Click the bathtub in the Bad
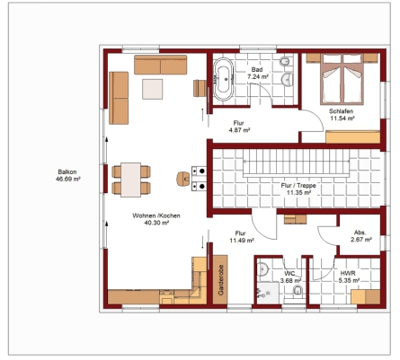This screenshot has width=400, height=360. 223,79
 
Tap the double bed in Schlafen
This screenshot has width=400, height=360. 342,79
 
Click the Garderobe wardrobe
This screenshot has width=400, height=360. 220,280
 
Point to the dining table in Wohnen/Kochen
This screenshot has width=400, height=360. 131,180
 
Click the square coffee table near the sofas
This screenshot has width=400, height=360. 153,89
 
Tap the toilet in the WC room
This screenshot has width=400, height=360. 298,290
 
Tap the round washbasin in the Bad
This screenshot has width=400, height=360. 288,79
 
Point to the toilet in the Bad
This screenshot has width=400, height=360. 285,61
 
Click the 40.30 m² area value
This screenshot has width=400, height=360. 156,223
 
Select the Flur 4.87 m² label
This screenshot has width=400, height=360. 239,127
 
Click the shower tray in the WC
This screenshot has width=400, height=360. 268,293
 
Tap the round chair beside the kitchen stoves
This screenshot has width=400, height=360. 183,179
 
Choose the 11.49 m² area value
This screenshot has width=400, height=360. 242,241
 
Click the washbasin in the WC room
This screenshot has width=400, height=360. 262,268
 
